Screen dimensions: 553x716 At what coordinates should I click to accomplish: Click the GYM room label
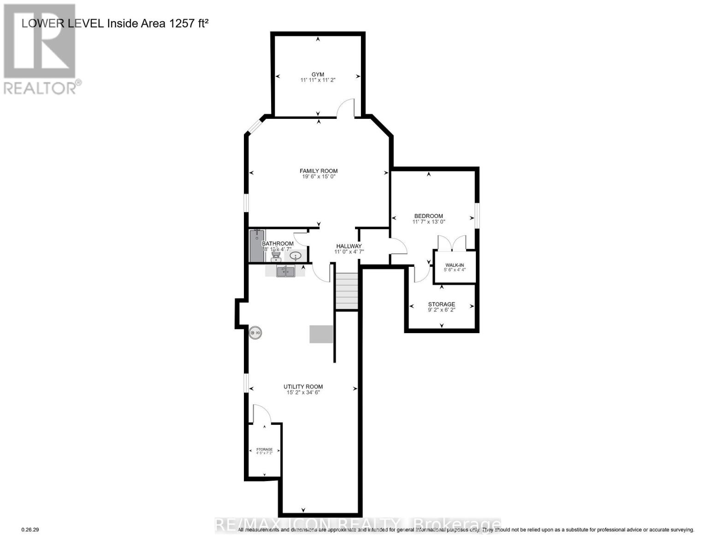click(x=318, y=74)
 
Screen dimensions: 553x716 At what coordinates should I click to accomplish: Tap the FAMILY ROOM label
click(x=319, y=171)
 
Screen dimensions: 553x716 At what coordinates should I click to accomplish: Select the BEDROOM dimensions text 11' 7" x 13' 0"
click(x=428, y=222)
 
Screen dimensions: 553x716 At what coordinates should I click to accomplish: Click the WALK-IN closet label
click(x=454, y=265)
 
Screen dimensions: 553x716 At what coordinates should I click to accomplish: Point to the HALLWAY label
click(x=349, y=246)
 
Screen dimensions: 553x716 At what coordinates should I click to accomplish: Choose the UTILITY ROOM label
click(x=303, y=387)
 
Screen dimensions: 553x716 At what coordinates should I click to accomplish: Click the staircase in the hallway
click(x=347, y=291)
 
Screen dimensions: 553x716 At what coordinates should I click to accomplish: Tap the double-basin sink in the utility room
click(x=286, y=271)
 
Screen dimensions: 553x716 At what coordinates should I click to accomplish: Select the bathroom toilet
click(x=276, y=254)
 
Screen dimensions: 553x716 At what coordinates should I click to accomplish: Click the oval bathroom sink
click(x=296, y=255)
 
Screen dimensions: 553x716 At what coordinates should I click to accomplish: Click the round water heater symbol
click(x=255, y=333)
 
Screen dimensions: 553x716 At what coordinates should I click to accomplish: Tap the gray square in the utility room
click(x=321, y=334)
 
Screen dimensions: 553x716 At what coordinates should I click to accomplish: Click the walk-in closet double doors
click(x=452, y=243)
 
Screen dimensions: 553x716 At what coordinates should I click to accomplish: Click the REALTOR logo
click(x=41, y=49)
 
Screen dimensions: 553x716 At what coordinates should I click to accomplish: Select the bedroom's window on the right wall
click(x=477, y=215)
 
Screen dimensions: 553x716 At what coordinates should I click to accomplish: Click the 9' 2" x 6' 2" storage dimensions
click(x=441, y=310)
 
